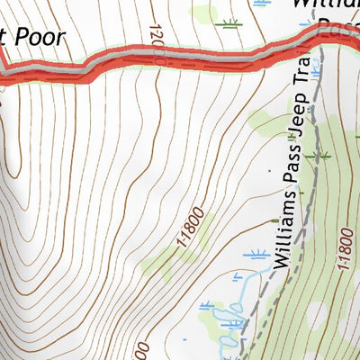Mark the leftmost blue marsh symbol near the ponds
pos(208,307)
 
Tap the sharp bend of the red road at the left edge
pos(4,72)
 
